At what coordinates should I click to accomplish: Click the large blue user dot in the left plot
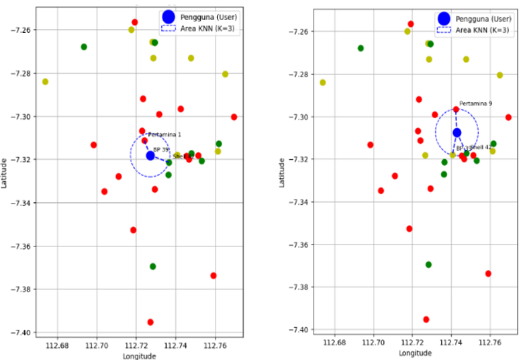point(150,156)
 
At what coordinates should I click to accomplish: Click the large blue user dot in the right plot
point(457,133)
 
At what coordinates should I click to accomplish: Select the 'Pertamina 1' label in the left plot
point(164,134)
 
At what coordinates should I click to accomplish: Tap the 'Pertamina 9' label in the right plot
point(476,103)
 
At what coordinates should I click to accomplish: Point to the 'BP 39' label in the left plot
point(161,149)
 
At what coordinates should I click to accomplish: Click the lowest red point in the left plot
point(150,322)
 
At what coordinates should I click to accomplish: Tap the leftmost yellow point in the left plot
point(45,82)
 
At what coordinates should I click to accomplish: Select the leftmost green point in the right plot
point(361,48)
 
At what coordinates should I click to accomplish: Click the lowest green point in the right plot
point(428,265)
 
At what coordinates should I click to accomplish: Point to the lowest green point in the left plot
point(153,267)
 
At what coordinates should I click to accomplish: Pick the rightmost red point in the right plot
point(508,118)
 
